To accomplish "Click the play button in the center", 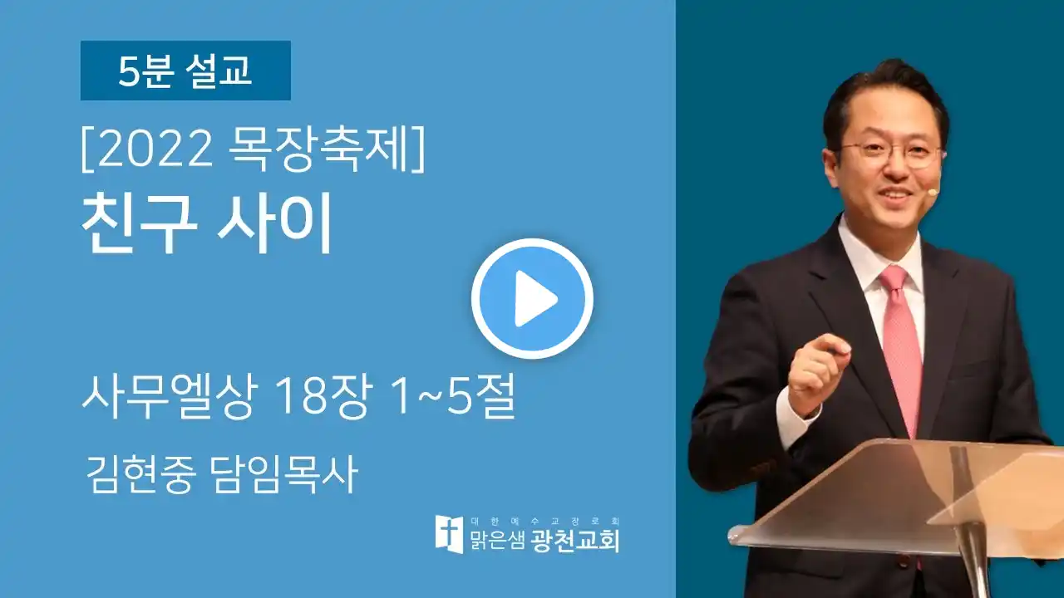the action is [532, 298].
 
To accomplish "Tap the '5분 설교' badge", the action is [185, 71].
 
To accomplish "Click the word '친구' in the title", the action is [140, 223].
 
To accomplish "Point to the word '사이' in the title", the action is [273, 223].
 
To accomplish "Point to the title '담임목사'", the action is [283, 473].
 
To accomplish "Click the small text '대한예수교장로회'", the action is [544, 522].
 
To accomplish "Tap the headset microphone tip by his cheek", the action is [933, 192].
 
